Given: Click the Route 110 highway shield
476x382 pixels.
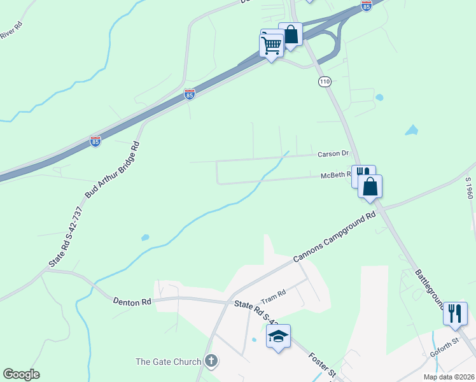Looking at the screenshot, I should click(325, 82).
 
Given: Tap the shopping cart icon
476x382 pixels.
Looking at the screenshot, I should click(272, 45).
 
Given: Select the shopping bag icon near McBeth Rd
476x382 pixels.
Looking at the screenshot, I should click(370, 187).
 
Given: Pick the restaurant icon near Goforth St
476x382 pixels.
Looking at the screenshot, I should click(454, 313).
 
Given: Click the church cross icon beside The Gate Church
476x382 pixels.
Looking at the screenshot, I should click(212, 362).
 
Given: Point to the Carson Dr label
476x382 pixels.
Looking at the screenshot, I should click(334, 154).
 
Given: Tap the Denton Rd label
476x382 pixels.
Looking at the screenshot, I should click(132, 301).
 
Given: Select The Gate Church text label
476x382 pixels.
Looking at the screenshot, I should click(169, 362).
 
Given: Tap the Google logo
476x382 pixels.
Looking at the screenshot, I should click(21, 374).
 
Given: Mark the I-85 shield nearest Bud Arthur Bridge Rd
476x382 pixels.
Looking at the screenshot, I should click(95, 141).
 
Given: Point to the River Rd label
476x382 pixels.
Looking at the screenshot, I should click(11, 30).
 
